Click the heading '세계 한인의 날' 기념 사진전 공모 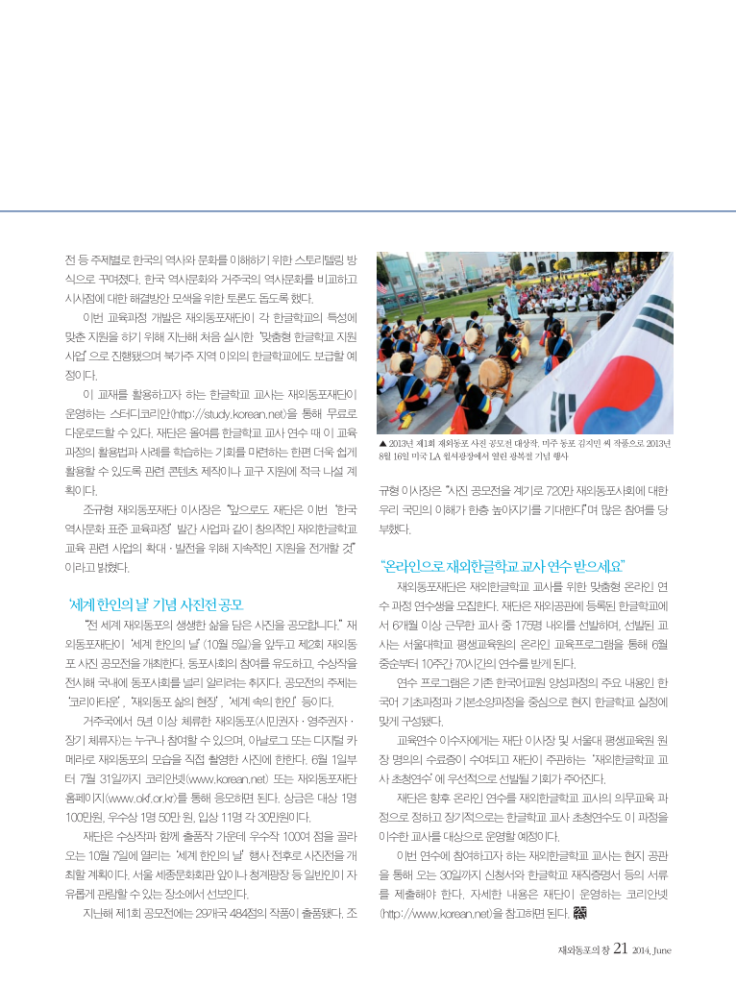(156, 604)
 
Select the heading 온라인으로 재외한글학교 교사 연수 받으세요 (502, 563)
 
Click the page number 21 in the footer (622, 948)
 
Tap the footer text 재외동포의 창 (583, 950)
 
